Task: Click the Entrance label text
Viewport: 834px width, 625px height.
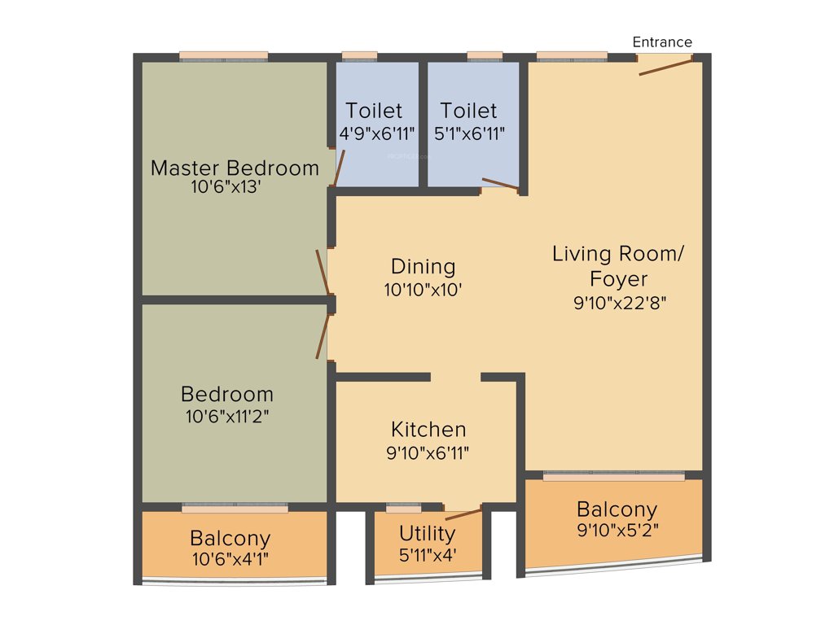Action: click(x=662, y=42)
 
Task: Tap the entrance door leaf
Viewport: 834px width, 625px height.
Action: click(x=665, y=66)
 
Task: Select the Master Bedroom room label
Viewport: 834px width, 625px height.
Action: click(x=235, y=168)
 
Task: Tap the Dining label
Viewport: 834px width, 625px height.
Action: click(x=423, y=267)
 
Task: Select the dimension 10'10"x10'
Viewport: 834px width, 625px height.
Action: click(x=423, y=289)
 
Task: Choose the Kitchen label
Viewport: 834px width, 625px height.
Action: click(x=428, y=430)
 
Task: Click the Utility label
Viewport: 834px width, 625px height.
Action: click(x=427, y=534)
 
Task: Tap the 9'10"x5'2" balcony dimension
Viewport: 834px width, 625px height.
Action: click(x=617, y=531)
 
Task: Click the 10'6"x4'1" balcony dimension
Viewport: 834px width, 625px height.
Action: click(x=230, y=559)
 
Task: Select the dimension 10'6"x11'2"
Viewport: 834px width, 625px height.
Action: click(x=226, y=416)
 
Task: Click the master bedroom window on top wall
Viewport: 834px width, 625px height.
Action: click(x=223, y=56)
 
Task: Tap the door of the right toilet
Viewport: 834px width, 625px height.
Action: click(x=500, y=184)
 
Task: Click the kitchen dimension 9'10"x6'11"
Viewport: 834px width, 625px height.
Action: click(x=428, y=452)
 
